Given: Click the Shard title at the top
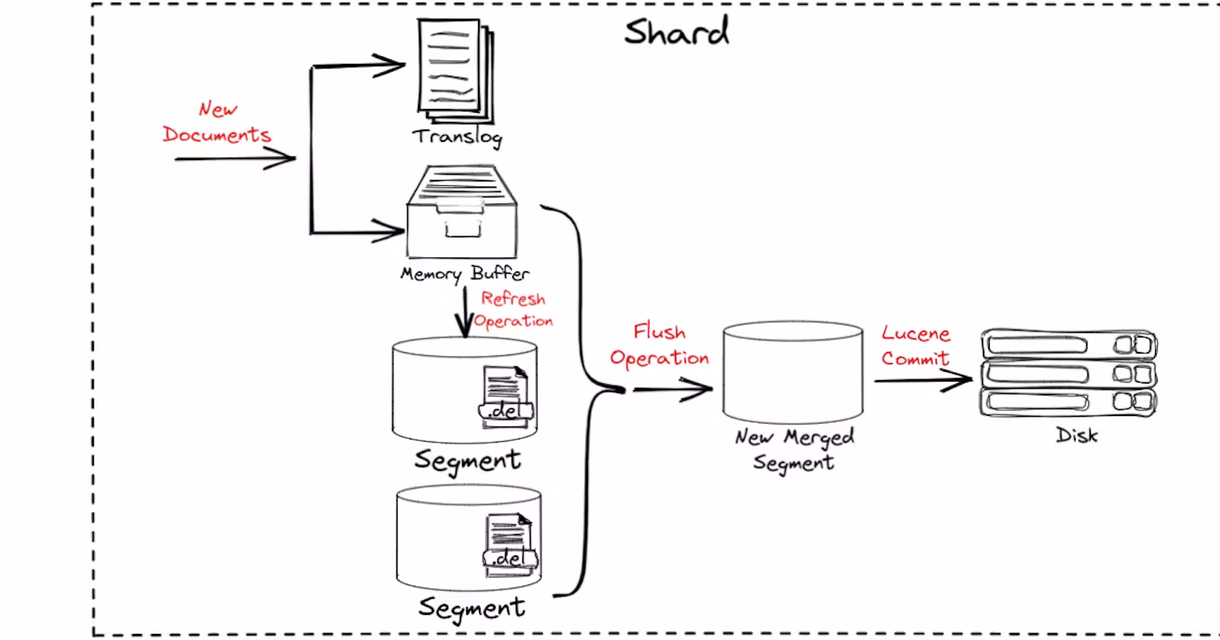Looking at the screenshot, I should [x=676, y=32].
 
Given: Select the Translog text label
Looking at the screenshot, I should [x=457, y=137].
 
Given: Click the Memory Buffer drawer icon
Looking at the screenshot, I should [x=462, y=213].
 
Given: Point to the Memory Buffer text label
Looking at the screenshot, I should [x=464, y=274].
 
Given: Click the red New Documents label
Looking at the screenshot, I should [x=217, y=123].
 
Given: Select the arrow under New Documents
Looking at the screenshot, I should [x=234, y=159].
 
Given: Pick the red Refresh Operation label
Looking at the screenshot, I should [x=513, y=309].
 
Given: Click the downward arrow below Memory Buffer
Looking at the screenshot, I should [x=464, y=312].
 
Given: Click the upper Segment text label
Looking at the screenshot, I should [x=467, y=460].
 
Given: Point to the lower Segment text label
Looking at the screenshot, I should [x=471, y=607].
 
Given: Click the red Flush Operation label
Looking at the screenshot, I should [x=660, y=345].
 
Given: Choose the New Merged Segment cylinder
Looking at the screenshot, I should [x=792, y=372].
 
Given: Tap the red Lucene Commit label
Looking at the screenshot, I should [x=916, y=346].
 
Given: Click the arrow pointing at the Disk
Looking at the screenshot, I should [x=924, y=379].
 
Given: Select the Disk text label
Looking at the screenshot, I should [x=1077, y=436].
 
